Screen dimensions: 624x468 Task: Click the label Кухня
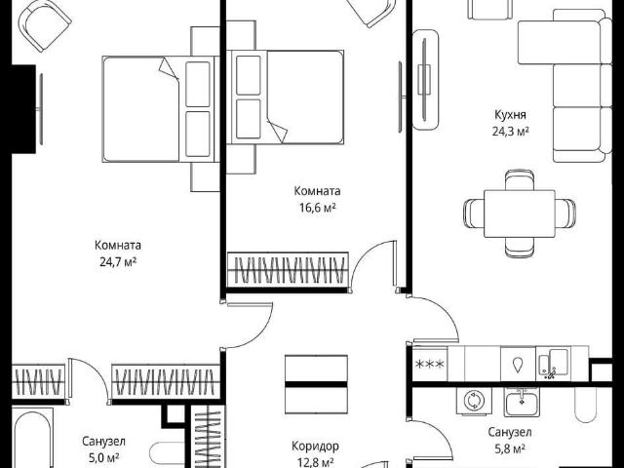510,115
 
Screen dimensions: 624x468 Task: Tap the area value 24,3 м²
511,132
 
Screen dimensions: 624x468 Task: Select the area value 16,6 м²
317,208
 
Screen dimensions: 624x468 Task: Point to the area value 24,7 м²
118,262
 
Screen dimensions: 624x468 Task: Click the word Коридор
315,447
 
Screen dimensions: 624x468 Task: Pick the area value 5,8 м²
510,449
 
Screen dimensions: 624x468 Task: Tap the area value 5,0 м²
103,458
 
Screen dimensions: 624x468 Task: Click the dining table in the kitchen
520,214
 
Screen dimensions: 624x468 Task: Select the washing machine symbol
474,400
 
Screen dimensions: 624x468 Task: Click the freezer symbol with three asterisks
429,364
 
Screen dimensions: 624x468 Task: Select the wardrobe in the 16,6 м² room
288,269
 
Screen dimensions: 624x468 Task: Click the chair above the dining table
520,179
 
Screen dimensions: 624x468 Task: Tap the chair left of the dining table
474,214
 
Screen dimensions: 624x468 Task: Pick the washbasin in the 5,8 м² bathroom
523,401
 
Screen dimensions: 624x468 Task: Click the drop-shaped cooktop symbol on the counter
518,365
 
